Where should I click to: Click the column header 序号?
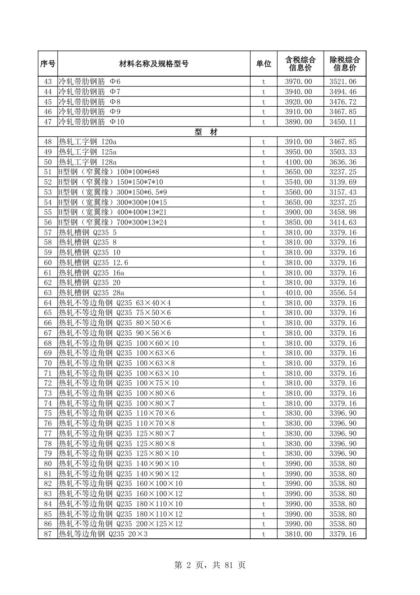(x=48, y=64)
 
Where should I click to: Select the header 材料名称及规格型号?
(x=154, y=64)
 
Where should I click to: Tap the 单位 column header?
(x=263, y=64)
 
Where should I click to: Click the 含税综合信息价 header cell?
(x=300, y=64)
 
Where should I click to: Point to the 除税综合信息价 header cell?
(x=344, y=64)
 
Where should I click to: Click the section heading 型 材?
(x=206, y=132)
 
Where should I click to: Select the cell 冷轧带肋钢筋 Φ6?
(x=90, y=81)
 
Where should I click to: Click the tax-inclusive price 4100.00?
(x=298, y=162)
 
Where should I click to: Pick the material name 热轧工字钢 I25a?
(x=88, y=152)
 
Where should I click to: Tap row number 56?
(x=48, y=222)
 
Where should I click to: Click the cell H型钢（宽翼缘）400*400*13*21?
(x=113, y=212)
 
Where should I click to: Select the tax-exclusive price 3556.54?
(x=343, y=293)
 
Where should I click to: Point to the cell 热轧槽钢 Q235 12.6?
(x=93, y=263)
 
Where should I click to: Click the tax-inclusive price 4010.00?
(x=298, y=293)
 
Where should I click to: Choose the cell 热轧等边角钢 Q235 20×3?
(x=103, y=534)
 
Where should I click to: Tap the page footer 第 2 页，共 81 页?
(x=210, y=565)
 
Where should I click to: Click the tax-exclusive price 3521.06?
(x=343, y=81)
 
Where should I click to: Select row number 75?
(x=48, y=413)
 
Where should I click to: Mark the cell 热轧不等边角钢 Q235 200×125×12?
(x=121, y=524)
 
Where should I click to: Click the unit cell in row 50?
(x=263, y=162)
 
